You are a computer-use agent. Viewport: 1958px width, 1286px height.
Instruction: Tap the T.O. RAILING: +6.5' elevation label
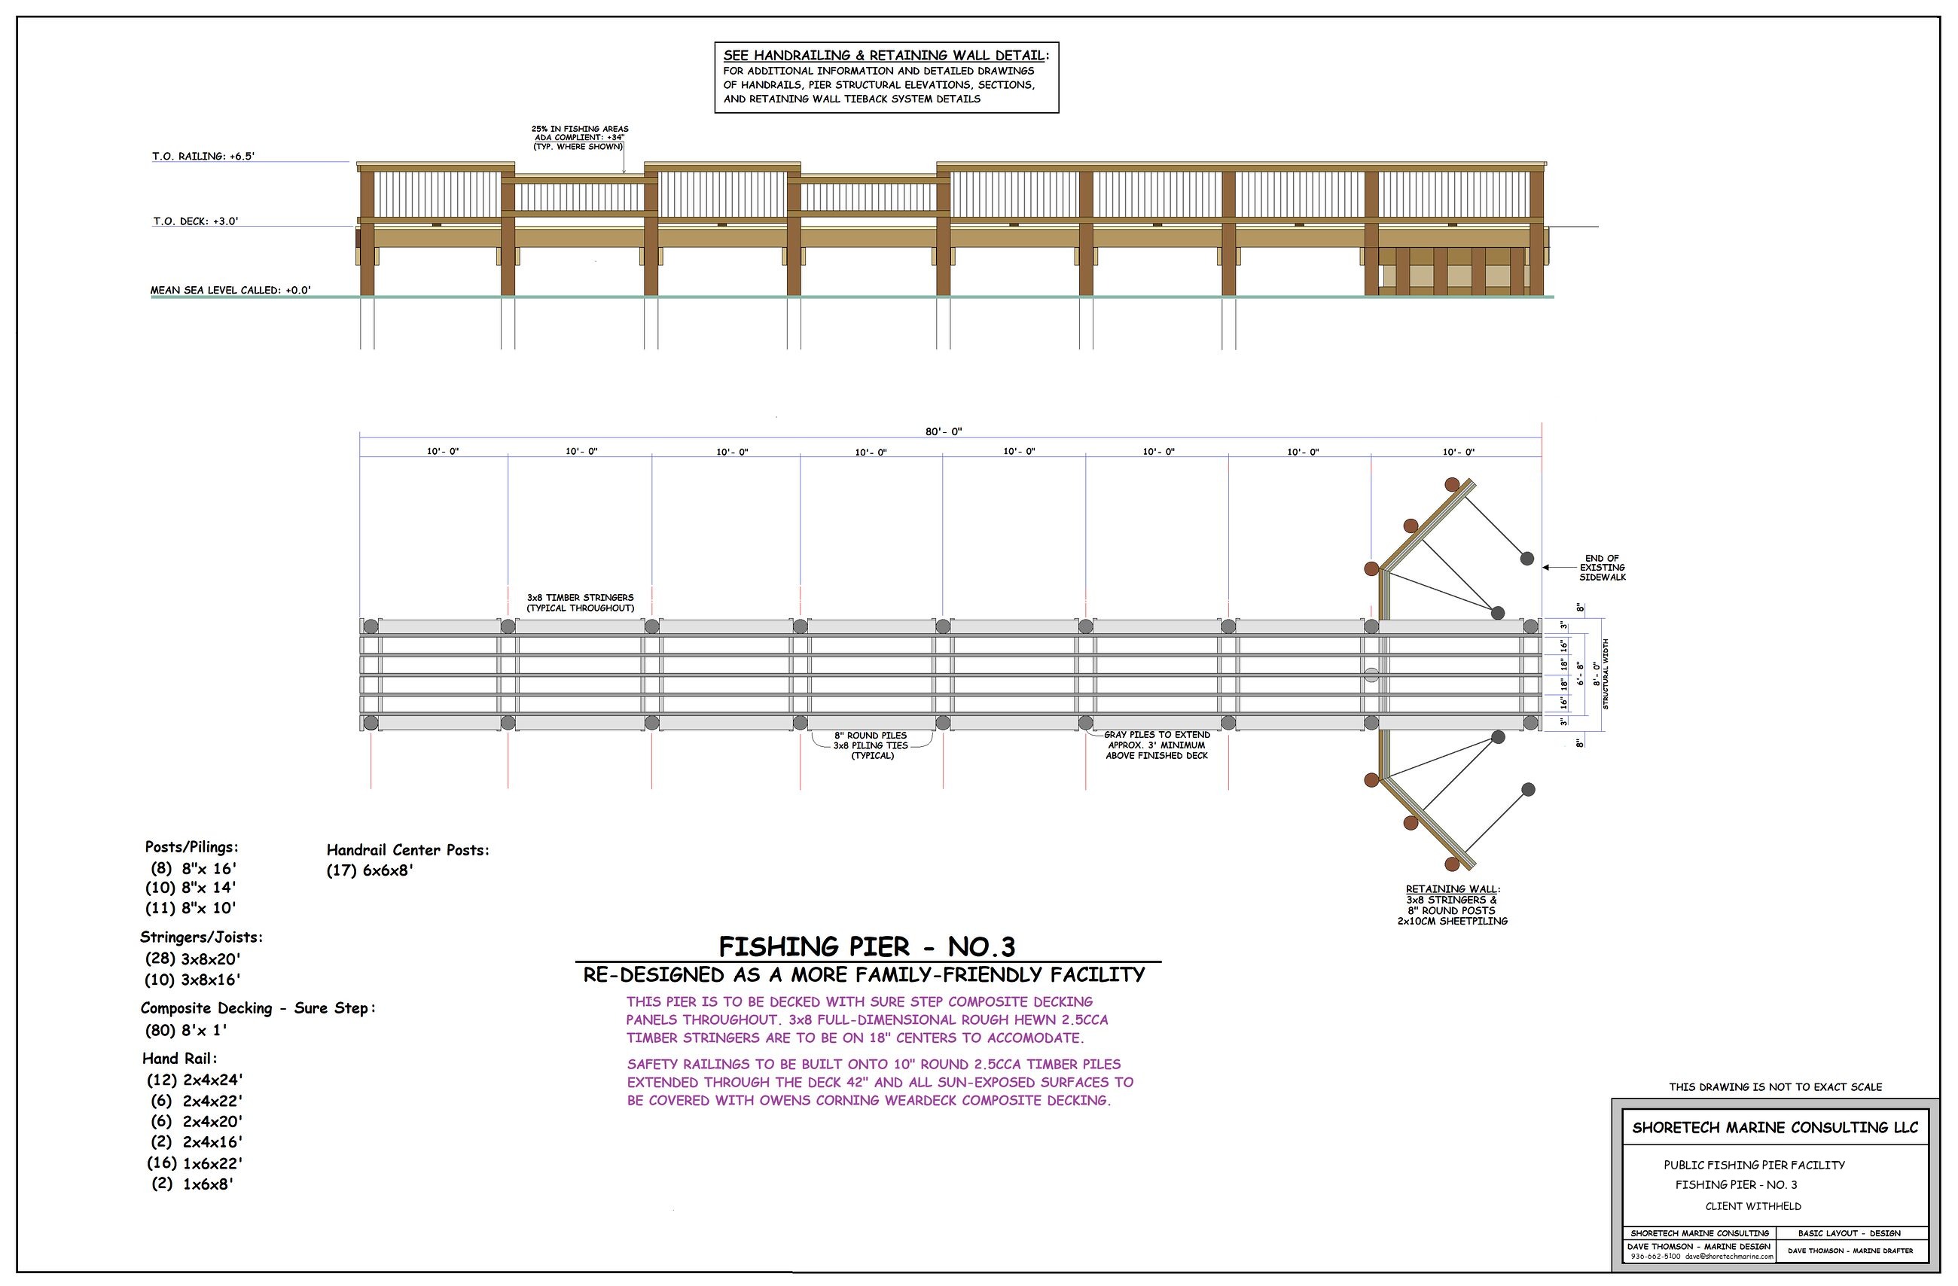click(x=203, y=156)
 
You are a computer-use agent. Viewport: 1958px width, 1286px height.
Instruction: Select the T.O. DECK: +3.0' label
click(x=196, y=221)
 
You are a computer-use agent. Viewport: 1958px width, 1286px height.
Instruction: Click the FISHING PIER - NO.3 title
click(x=867, y=946)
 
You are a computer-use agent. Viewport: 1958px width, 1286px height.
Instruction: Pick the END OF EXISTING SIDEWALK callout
click(x=1602, y=568)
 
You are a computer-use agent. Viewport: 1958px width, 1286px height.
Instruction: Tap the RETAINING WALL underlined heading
click(x=1453, y=889)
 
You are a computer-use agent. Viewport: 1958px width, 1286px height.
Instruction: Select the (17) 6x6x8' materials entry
click(x=370, y=870)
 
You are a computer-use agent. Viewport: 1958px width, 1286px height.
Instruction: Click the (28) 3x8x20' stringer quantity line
click(x=194, y=958)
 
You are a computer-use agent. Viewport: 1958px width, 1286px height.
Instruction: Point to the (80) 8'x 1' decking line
click(x=186, y=1030)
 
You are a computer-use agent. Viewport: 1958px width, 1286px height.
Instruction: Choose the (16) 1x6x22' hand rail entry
click(x=195, y=1163)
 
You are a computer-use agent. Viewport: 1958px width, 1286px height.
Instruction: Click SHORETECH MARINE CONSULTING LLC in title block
click(x=1775, y=1127)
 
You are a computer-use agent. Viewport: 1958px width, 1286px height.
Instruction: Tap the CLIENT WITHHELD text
click(x=1753, y=1206)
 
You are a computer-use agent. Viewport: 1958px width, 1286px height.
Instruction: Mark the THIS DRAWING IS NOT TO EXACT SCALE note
click(x=1775, y=1087)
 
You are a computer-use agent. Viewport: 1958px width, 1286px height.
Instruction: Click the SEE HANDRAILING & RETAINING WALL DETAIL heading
click(x=883, y=55)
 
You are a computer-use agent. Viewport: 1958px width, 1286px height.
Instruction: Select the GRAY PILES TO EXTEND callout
click(x=1157, y=735)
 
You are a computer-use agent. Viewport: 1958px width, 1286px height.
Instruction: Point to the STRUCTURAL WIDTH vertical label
click(x=1605, y=674)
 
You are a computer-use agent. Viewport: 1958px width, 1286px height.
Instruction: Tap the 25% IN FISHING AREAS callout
click(x=580, y=130)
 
